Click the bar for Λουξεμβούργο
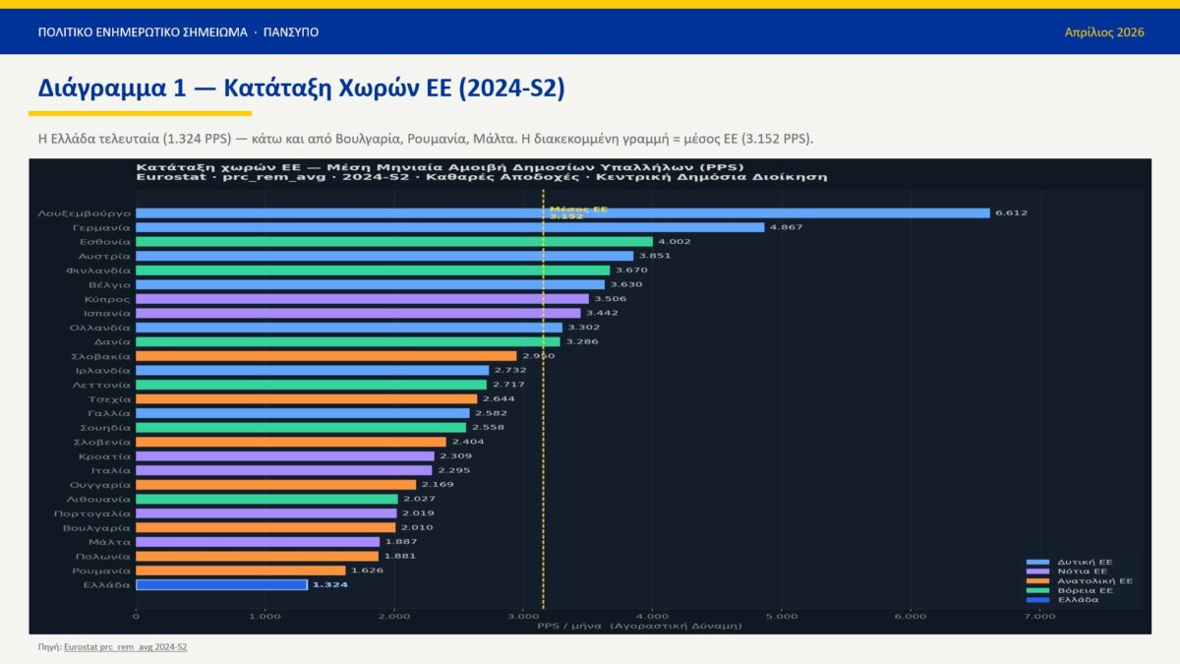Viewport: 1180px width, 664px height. click(x=562, y=212)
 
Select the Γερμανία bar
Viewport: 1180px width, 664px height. click(x=449, y=227)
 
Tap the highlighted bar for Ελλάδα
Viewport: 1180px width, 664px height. click(x=221, y=584)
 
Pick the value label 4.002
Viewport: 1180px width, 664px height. click(x=674, y=241)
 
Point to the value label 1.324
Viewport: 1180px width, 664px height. click(x=329, y=584)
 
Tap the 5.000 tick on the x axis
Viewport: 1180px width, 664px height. click(x=782, y=617)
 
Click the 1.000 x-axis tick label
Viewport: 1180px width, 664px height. click(x=265, y=617)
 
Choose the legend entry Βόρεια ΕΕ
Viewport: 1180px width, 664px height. click(x=1086, y=590)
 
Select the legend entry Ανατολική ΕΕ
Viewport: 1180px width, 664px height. click(x=1093, y=581)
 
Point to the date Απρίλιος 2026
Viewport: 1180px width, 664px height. click(x=1104, y=32)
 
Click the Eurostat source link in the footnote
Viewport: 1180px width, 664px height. click(x=125, y=647)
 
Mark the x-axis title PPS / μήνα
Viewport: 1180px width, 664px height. click(x=639, y=626)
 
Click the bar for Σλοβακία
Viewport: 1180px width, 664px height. click(x=325, y=355)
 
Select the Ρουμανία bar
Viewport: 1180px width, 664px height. click(x=241, y=570)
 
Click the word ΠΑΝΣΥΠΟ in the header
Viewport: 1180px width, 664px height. click(x=291, y=32)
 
